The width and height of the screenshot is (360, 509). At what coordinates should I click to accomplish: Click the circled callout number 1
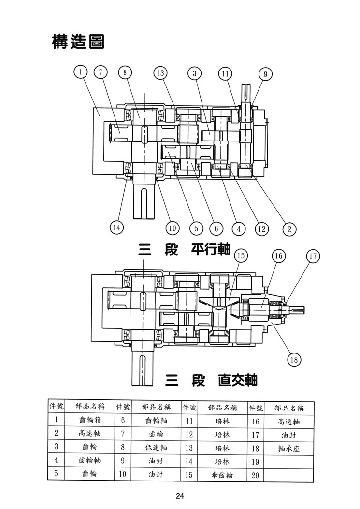pos(81,72)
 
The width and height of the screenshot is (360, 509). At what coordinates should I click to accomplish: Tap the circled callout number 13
pos(160,73)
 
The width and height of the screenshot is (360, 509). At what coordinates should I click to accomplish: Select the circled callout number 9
pos(265,74)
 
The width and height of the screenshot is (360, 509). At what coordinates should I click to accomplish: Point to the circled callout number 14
pos(116,227)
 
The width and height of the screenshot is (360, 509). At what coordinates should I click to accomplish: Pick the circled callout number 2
pos(289,229)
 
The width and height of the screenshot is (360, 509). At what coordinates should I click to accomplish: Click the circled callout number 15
pos(241,256)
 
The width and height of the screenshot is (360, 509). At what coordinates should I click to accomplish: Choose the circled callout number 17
pos(313,256)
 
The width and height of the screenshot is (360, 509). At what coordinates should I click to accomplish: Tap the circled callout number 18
pos(294,360)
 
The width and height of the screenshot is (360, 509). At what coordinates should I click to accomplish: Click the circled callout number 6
pos(216,228)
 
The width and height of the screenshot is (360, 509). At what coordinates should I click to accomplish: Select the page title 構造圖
pos(78,42)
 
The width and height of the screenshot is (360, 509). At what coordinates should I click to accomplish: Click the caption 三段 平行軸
pos(184,250)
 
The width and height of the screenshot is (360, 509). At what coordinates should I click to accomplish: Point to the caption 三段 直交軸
pos(211,380)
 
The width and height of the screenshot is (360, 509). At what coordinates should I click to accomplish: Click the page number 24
pos(180,495)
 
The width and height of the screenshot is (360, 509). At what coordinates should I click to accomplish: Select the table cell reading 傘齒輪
pos(222,475)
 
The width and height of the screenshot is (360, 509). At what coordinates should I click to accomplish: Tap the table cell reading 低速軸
pos(156,447)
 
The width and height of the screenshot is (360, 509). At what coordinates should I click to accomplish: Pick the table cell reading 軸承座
pos(288,449)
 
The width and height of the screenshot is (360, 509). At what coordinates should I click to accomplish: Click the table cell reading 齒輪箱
pos(90,419)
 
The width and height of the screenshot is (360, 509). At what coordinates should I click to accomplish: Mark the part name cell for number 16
pos(288,422)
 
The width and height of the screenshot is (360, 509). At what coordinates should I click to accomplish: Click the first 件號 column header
pos(56,406)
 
